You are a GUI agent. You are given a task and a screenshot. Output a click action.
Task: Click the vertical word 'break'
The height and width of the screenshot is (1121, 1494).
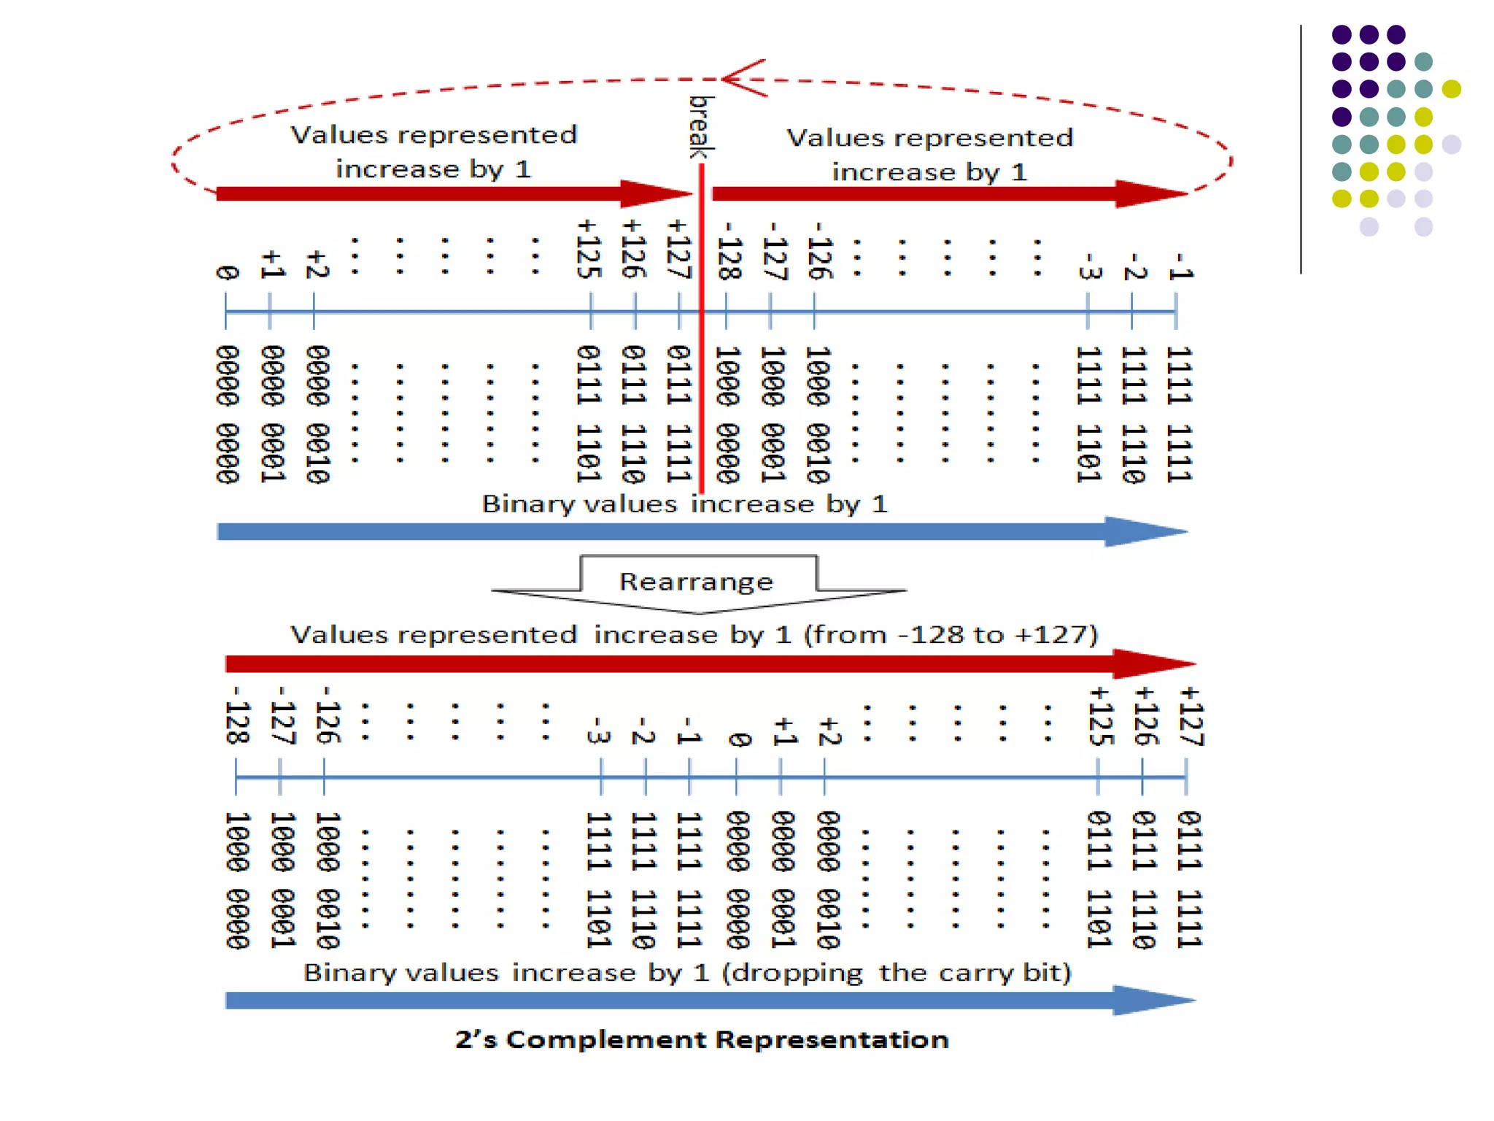tap(701, 126)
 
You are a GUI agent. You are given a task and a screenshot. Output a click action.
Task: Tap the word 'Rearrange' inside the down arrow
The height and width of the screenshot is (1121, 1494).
tap(696, 582)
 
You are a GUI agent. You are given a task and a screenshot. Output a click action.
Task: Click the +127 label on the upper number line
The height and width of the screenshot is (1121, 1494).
tap(679, 250)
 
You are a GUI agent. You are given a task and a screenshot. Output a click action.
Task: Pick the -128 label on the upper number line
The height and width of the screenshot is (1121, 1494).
tap(729, 250)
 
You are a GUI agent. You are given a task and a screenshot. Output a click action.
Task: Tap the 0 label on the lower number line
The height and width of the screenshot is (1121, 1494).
tap(738, 740)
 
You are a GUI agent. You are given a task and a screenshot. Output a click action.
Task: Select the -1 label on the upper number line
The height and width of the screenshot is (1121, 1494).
tap(1180, 266)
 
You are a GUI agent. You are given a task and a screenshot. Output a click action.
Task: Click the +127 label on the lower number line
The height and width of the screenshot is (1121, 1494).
tap(1191, 716)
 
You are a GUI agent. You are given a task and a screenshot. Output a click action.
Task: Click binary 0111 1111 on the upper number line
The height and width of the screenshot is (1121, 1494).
tap(678, 414)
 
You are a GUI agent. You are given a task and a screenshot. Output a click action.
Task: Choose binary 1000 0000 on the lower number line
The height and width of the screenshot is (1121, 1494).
tap(237, 880)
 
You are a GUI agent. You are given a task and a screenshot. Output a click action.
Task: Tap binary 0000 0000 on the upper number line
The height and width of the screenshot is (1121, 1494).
tap(227, 414)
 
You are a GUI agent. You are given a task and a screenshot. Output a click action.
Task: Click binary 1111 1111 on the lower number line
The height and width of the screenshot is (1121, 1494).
tap(688, 880)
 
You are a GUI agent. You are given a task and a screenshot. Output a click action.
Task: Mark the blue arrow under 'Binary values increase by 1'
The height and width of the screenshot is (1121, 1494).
tap(700, 531)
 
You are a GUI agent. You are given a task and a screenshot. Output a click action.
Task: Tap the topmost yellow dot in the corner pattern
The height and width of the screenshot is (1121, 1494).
tap(1451, 89)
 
